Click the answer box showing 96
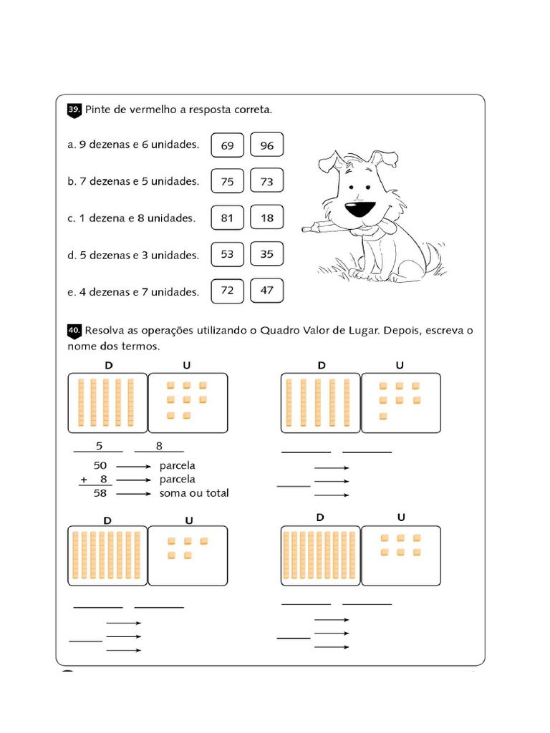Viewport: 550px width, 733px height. [x=267, y=145]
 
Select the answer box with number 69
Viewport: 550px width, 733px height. [x=227, y=145]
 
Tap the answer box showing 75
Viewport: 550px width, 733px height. [x=227, y=181]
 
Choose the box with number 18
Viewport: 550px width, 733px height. [x=267, y=218]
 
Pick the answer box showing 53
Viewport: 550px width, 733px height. [x=227, y=254]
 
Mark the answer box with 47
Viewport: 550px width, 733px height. [x=267, y=291]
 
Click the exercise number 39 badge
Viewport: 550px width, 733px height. [x=74, y=110]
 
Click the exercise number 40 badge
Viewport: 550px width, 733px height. [x=74, y=331]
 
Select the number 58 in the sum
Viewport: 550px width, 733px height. [x=100, y=493]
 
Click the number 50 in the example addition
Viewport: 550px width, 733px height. [x=100, y=466]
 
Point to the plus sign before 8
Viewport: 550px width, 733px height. [x=84, y=480]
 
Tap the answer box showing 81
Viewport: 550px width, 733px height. [x=227, y=218]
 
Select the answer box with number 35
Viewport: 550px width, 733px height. [x=267, y=254]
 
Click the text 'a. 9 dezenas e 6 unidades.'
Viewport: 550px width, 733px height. [x=133, y=145]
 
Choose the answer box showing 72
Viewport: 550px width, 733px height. [x=227, y=291]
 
